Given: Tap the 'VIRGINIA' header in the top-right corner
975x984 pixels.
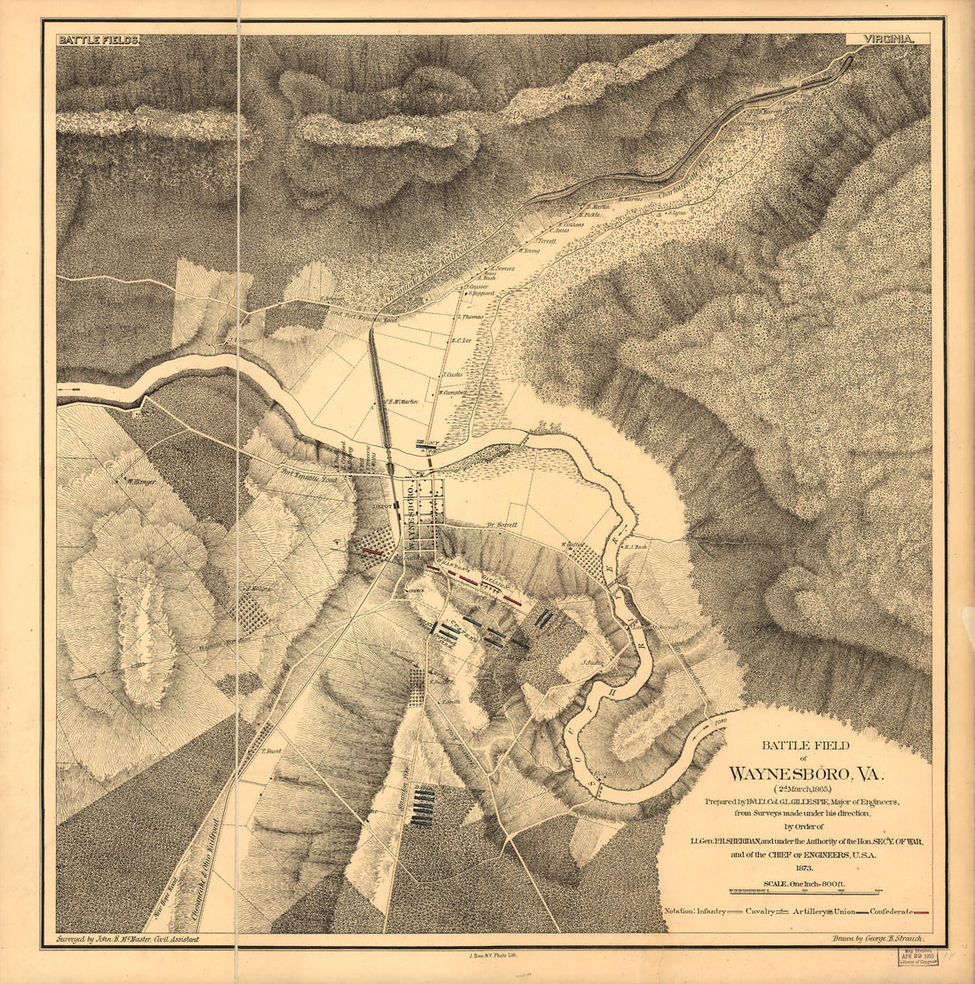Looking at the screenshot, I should point(887,40).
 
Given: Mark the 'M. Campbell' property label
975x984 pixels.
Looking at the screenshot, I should point(452,392).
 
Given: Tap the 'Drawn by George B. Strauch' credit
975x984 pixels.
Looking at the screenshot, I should point(877,938).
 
